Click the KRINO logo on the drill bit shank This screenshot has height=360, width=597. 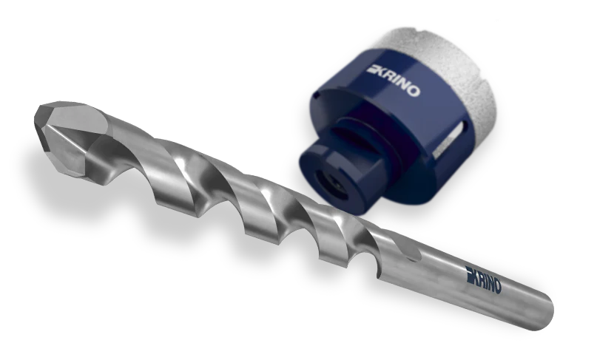(x=484, y=279)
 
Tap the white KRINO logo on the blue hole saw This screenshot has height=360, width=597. (x=394, y=81)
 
